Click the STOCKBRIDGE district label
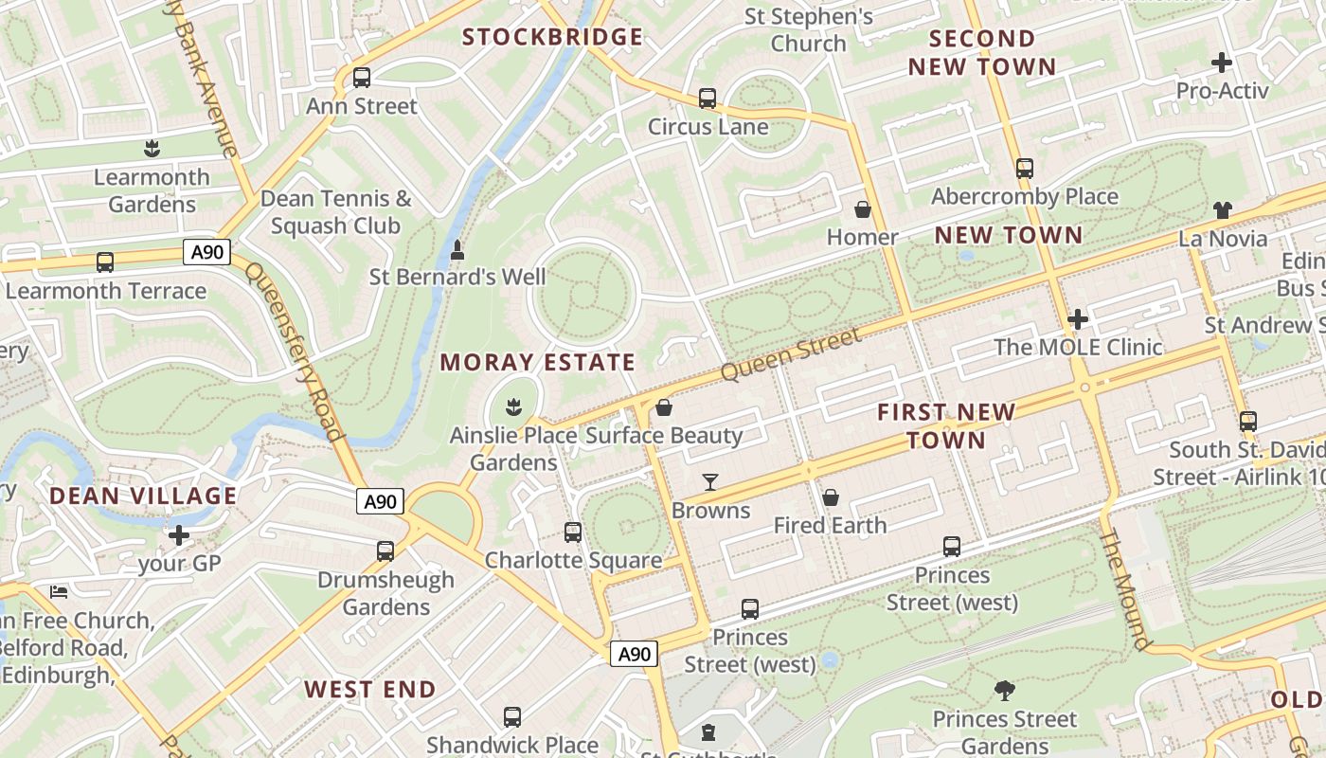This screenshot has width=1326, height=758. pos(552,37)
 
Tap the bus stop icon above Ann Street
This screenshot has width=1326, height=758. pos(361,78)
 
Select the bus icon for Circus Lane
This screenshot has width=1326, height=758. pos(708,98)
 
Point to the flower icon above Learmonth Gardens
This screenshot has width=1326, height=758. pos(151,148)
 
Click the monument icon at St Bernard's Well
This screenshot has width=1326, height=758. pos(457,250)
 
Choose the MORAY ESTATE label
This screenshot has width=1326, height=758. pos(537,362)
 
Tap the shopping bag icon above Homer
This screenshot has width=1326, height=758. pos(862,208)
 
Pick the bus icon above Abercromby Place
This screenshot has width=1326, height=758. pos(1024,169)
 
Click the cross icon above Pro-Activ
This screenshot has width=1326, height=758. pos(1222,63)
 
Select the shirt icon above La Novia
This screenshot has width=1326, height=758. pos(1223,209)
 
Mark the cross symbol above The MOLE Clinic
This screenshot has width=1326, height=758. pos(1077,319)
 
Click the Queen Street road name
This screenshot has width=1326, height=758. pos(791,353)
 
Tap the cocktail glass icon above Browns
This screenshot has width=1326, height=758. pos(710,482)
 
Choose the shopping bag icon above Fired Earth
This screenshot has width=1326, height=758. pos(831,496)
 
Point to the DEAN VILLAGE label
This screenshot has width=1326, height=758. pos(143,496)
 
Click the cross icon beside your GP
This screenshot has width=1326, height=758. pos(179,536)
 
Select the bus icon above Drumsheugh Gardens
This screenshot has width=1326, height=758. pos(385,550)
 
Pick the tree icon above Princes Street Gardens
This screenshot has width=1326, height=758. pos(1005,691)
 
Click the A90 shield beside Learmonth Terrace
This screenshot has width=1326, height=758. pos(206,252)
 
